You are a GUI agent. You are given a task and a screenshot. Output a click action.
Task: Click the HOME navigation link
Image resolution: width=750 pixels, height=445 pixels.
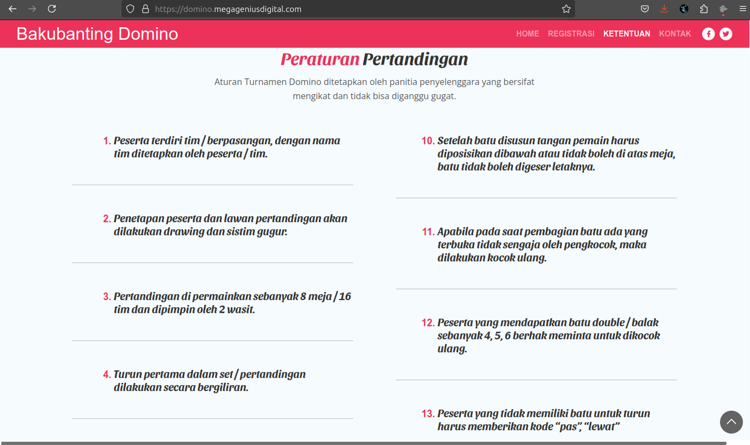(527, 34)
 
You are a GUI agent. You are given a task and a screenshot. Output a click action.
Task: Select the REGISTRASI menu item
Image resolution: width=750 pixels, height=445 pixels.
(571, 34)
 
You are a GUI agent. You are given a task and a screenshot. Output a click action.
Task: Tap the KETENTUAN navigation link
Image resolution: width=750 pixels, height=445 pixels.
(626, 34)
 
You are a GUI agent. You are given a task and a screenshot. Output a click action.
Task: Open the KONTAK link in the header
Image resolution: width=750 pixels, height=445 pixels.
(675, 34)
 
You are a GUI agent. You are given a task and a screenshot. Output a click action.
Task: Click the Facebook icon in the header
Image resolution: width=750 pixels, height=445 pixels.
(708, 34)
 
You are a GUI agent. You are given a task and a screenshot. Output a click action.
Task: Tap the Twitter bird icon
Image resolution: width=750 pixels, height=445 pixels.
(725, 34)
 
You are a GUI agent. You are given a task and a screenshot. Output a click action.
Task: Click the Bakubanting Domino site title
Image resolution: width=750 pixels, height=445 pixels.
(97, 34)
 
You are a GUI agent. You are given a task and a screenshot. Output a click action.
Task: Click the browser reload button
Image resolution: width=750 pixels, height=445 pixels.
(52, 9)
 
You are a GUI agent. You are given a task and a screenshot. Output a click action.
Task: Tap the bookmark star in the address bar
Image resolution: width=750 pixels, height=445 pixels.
(566, 9)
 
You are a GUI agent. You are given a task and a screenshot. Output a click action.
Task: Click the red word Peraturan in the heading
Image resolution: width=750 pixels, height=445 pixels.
(320, 59)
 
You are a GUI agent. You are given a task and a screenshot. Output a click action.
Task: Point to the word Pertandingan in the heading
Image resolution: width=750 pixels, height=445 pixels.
(415, 59)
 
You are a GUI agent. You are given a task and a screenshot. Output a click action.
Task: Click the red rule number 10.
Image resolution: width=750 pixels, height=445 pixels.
(427, 141)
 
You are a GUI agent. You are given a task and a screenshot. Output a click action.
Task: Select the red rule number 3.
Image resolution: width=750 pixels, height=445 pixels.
(107, 297)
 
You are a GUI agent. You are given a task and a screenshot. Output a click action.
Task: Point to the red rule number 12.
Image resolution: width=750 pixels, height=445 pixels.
(427, 322)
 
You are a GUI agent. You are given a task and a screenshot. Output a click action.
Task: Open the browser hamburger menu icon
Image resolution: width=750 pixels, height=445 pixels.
(742, 9)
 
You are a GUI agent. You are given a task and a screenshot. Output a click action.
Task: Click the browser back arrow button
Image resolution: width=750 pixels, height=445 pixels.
(13, 9)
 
